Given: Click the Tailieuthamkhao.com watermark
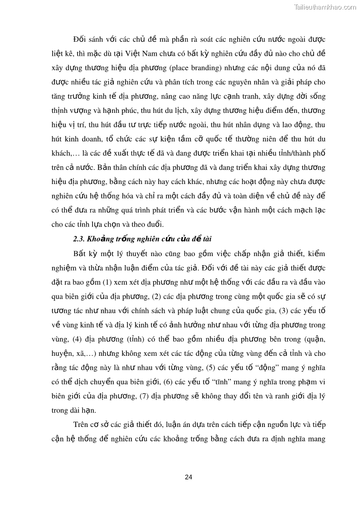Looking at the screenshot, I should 325,7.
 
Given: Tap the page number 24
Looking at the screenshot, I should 189,477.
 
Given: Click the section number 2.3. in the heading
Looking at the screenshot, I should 79,239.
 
